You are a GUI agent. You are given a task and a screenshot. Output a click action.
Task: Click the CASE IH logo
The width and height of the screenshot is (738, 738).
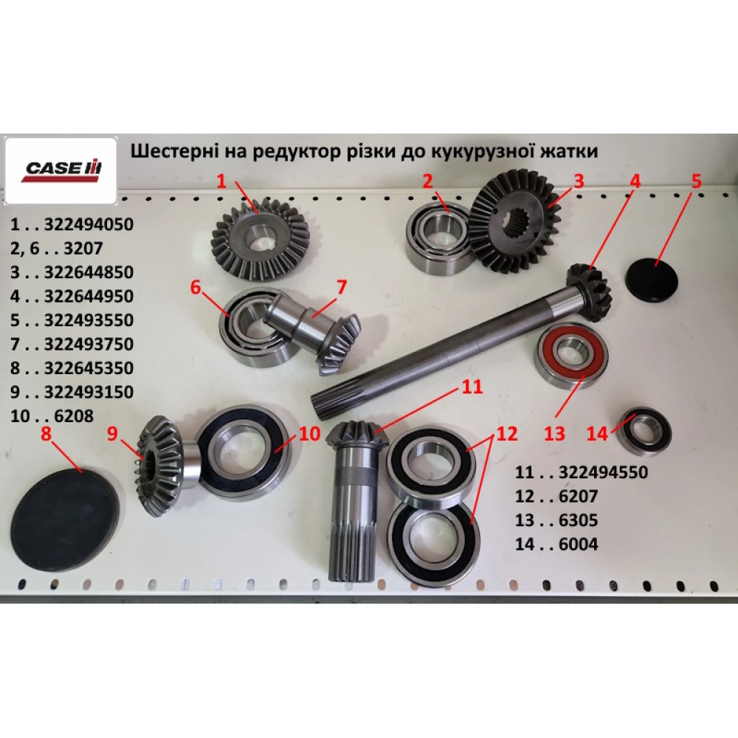61,170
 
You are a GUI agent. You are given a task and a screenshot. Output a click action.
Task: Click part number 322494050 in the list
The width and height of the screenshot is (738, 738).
89,224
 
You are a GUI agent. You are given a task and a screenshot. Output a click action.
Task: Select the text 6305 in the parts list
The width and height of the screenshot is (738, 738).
578,520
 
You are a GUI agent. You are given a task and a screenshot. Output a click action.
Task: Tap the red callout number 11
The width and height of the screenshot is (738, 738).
472,387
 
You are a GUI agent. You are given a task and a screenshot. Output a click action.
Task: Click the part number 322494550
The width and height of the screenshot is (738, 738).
603,472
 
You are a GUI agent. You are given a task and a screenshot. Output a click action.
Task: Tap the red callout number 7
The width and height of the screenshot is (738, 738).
341,286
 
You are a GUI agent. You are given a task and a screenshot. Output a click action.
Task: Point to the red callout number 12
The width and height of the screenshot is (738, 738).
506,433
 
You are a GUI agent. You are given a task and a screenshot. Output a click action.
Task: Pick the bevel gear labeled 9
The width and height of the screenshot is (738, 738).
159,464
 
